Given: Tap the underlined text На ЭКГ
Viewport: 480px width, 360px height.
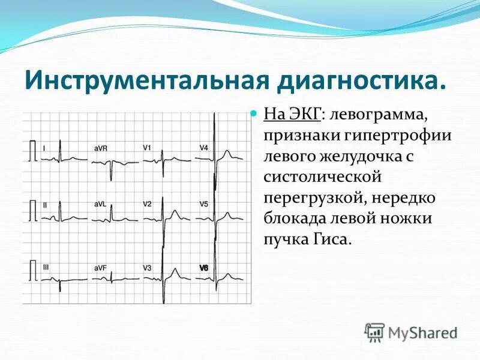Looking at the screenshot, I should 293,113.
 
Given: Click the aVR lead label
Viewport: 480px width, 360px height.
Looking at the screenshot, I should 101,148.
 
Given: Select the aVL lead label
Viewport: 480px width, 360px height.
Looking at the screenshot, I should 100,204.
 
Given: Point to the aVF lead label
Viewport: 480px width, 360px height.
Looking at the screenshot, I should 100,268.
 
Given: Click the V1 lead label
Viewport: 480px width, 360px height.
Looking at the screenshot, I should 147,148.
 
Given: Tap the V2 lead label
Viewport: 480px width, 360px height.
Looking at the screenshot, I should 147,204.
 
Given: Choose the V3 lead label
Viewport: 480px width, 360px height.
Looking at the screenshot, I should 147,268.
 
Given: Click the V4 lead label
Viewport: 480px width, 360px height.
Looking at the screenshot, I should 204,148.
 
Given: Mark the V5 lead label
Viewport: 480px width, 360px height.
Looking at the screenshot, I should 204,204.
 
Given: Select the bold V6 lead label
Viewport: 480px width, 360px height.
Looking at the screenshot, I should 204,268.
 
